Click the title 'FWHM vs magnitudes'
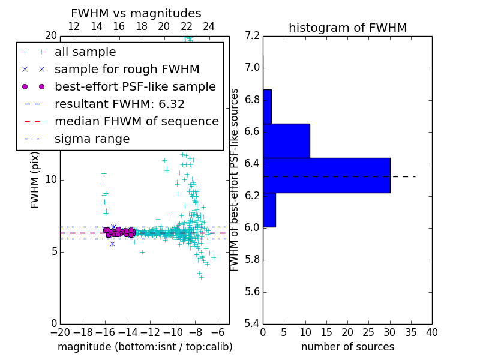point(136,13)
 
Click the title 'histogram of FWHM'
point(347,28)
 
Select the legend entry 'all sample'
point(85,52)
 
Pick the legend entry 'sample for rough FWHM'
point(127,70)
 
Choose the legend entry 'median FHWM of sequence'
point(136,122)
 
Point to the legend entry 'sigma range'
point(92,139)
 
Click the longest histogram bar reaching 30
point(326,175)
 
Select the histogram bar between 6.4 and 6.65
point(286,141)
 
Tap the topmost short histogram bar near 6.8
point(267,107)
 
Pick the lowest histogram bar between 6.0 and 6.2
point(269,210)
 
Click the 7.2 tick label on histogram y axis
point(252,35)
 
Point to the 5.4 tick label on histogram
point(252,324)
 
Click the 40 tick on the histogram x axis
point(432,332)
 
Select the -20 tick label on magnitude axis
point(60,332)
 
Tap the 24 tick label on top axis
point(209,27)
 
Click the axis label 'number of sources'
point(347,347)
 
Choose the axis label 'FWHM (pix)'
point(35,179)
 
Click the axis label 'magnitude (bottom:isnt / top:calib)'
point(145,347)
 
